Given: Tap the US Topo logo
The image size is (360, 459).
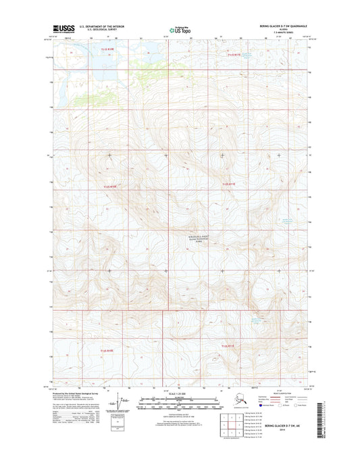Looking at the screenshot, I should pos(180,29).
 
